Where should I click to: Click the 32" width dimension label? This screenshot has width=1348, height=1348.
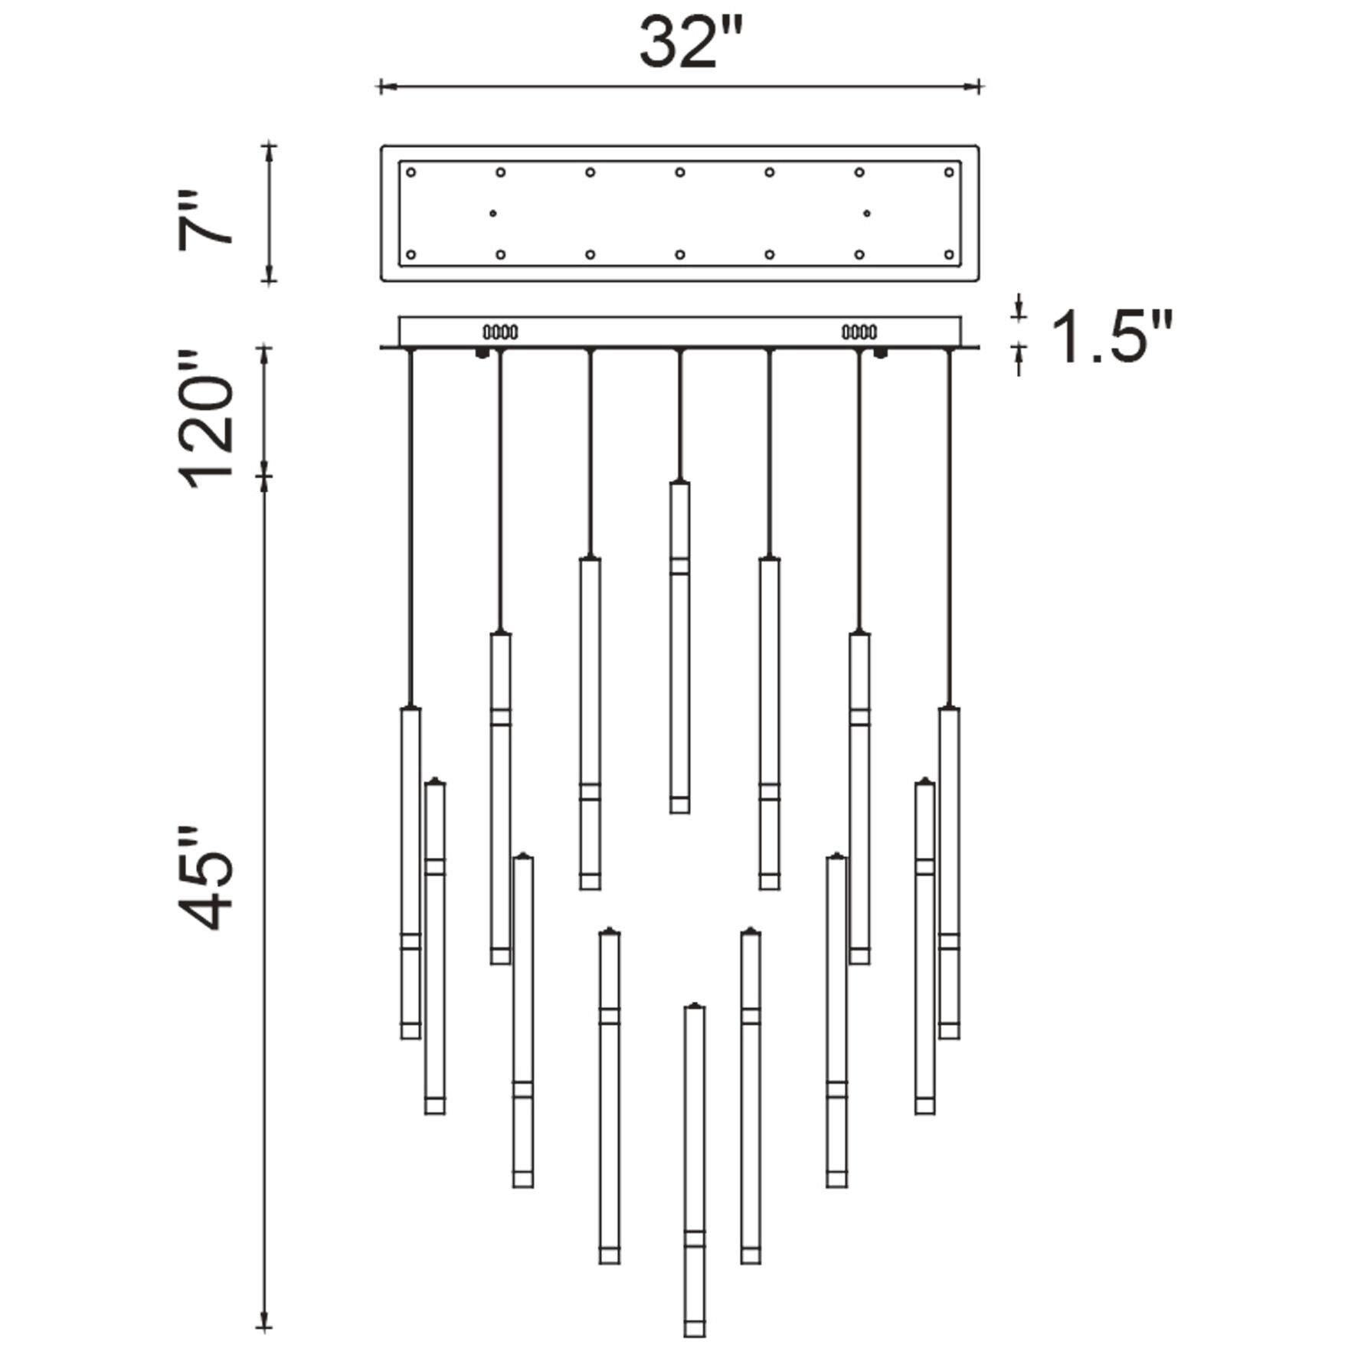691,43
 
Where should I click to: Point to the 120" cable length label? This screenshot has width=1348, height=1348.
205,420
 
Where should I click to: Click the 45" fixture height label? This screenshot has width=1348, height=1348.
205,878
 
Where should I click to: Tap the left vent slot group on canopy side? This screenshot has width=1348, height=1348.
500,332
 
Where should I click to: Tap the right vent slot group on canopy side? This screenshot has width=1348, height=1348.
859,332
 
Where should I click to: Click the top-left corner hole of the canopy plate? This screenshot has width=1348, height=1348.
411,172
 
